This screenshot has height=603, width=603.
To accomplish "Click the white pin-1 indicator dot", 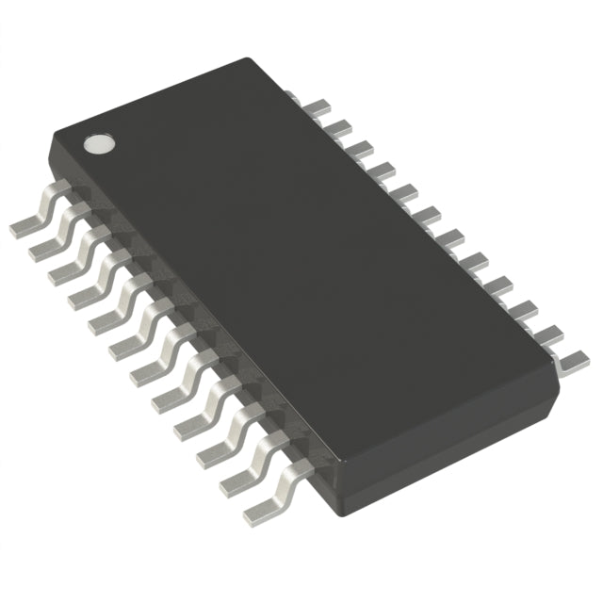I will click(x=99, y=143).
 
